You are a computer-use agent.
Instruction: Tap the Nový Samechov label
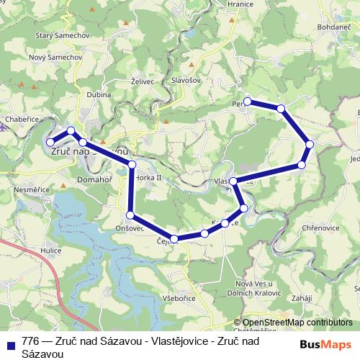pyautogui.click(x=46, y=58)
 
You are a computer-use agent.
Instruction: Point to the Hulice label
pyautogui.click(x=51, y=250)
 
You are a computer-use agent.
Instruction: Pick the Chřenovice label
pyautogui.click(x=320, y=228)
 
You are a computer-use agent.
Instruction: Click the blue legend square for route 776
pyautogui.click(x=10, y=343)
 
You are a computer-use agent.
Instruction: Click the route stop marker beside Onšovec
pyautogui.click(x=130, y=215)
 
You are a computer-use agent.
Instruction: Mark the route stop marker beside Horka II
pyautogui.click(x=132, y=166)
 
